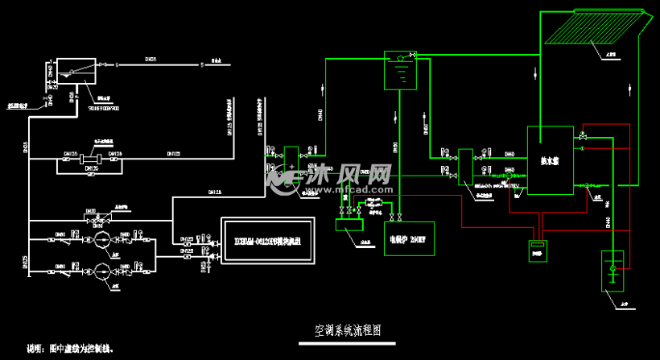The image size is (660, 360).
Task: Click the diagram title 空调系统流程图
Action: [347, 331]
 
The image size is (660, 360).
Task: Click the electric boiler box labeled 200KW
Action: [406, 238]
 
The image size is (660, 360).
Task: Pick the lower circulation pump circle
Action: [101, 270]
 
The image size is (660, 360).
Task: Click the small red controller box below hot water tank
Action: [537, 250]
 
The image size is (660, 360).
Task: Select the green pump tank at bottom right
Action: [613, 271]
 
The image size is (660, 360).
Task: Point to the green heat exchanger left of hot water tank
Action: [465, 167]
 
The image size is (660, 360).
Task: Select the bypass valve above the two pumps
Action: [99, 215]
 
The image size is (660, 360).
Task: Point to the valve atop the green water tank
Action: [412, 55]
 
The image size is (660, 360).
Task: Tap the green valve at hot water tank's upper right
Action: [583, 136]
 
